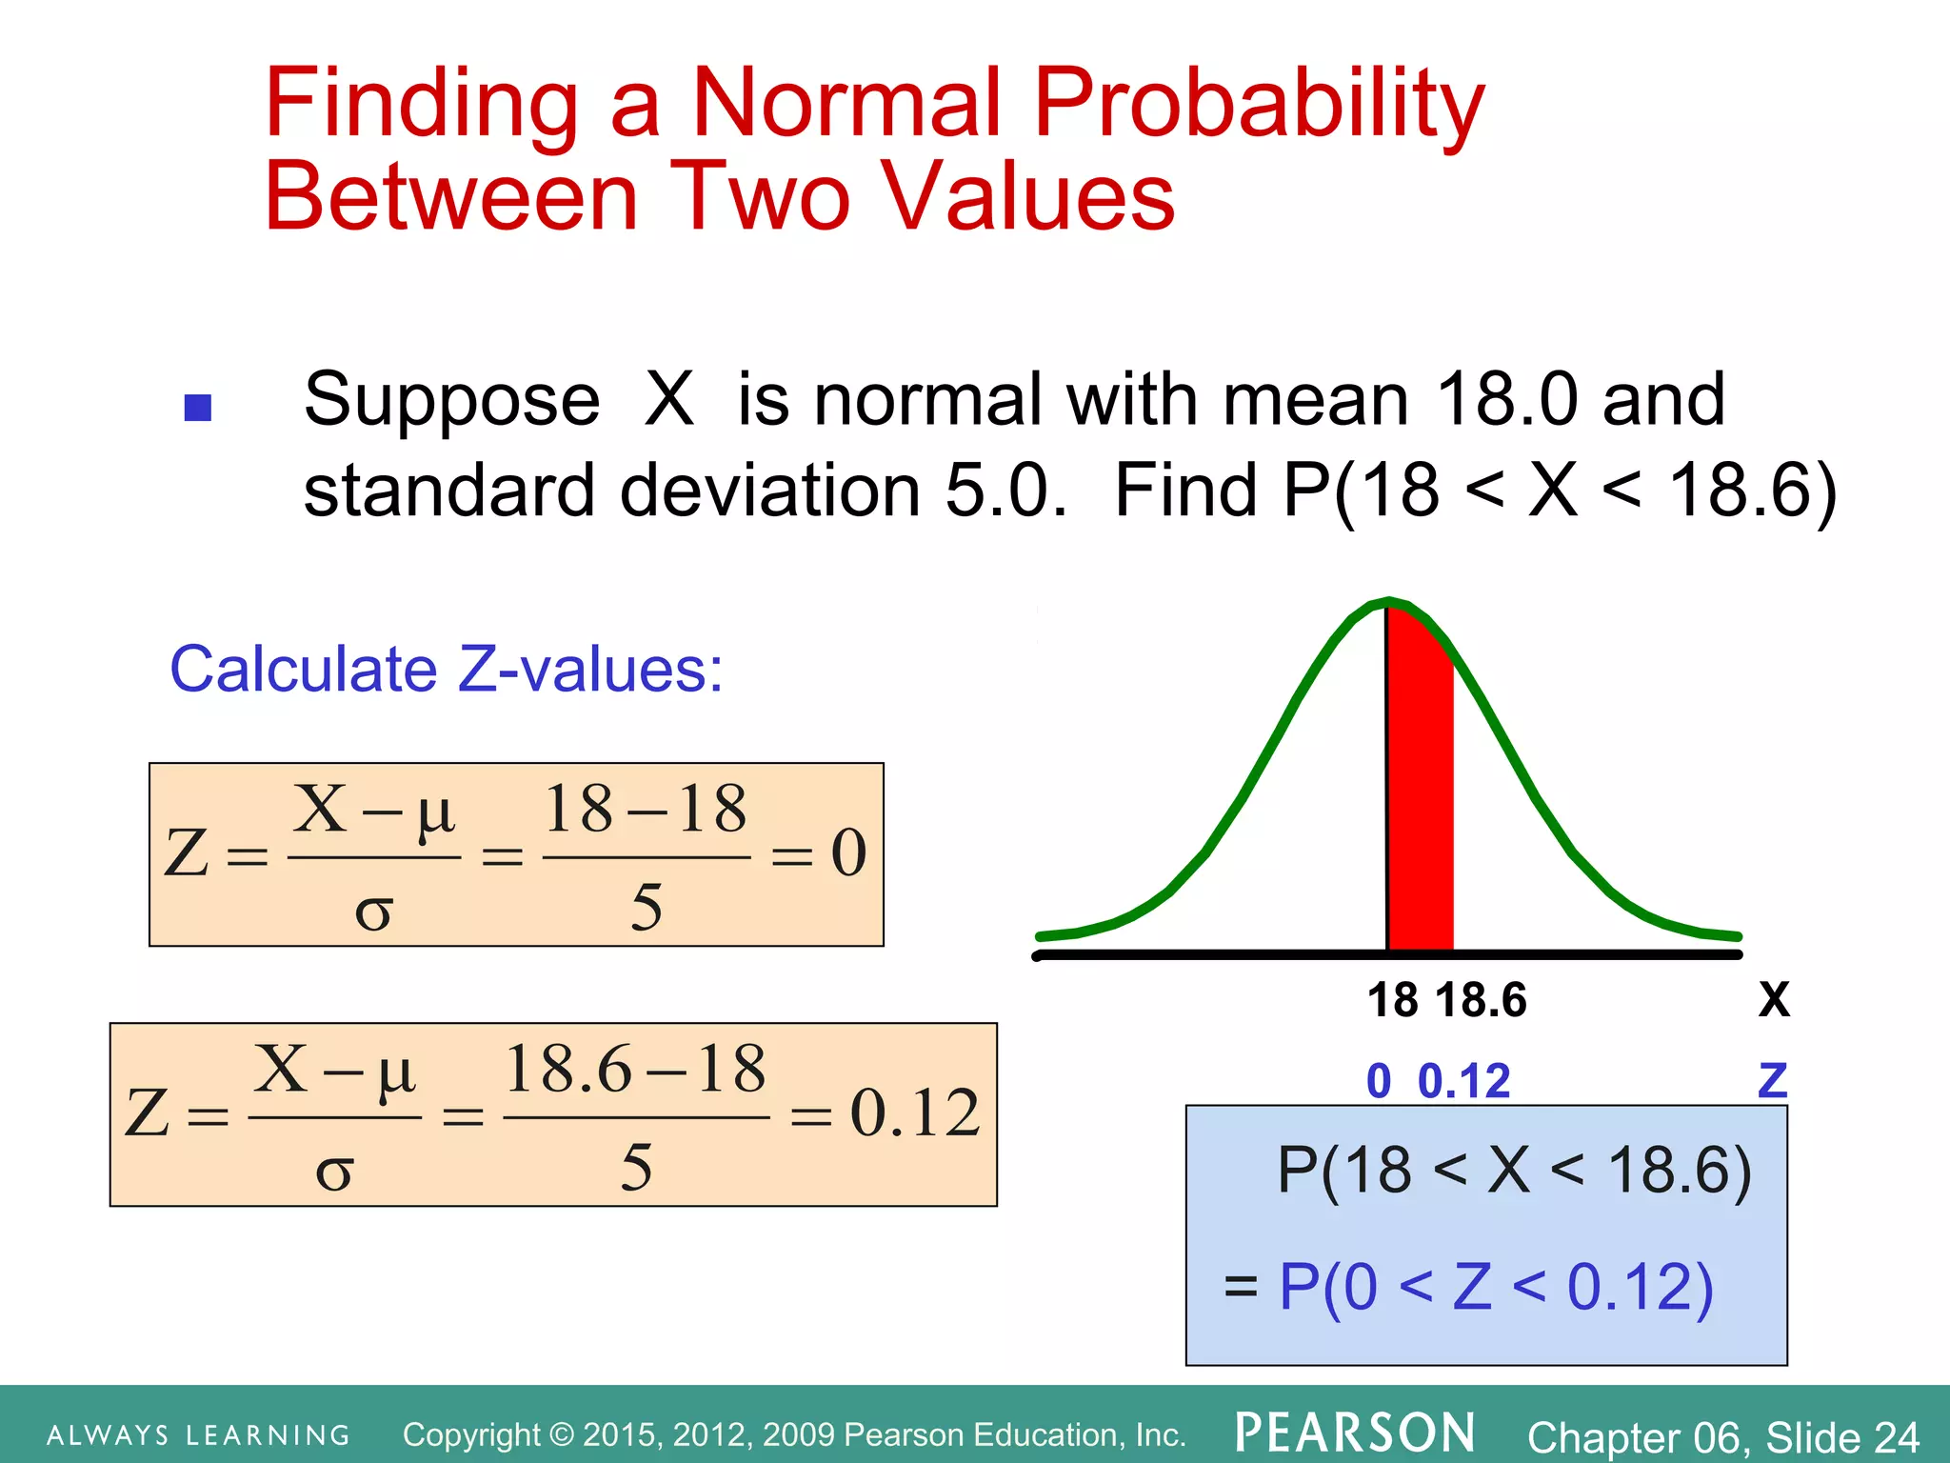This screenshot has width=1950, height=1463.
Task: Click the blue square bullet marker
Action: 197,408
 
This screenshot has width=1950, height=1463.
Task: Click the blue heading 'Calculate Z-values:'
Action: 446,669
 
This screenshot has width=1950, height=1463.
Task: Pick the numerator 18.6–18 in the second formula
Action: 635,1069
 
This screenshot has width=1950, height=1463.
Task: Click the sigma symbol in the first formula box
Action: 373,912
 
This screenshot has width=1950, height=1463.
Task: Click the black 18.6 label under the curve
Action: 1481,1000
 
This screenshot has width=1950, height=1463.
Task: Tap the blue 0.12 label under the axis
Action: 1463,1081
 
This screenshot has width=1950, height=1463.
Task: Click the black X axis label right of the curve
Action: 1774,1000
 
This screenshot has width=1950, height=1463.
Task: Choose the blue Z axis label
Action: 1773,1080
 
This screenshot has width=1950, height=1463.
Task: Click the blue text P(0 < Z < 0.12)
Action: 1495,1287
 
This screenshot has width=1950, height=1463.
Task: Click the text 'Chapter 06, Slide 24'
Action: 1723,1436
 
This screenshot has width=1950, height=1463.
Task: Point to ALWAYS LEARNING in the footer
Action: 199,1435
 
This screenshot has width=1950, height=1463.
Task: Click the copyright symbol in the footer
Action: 563,1434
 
